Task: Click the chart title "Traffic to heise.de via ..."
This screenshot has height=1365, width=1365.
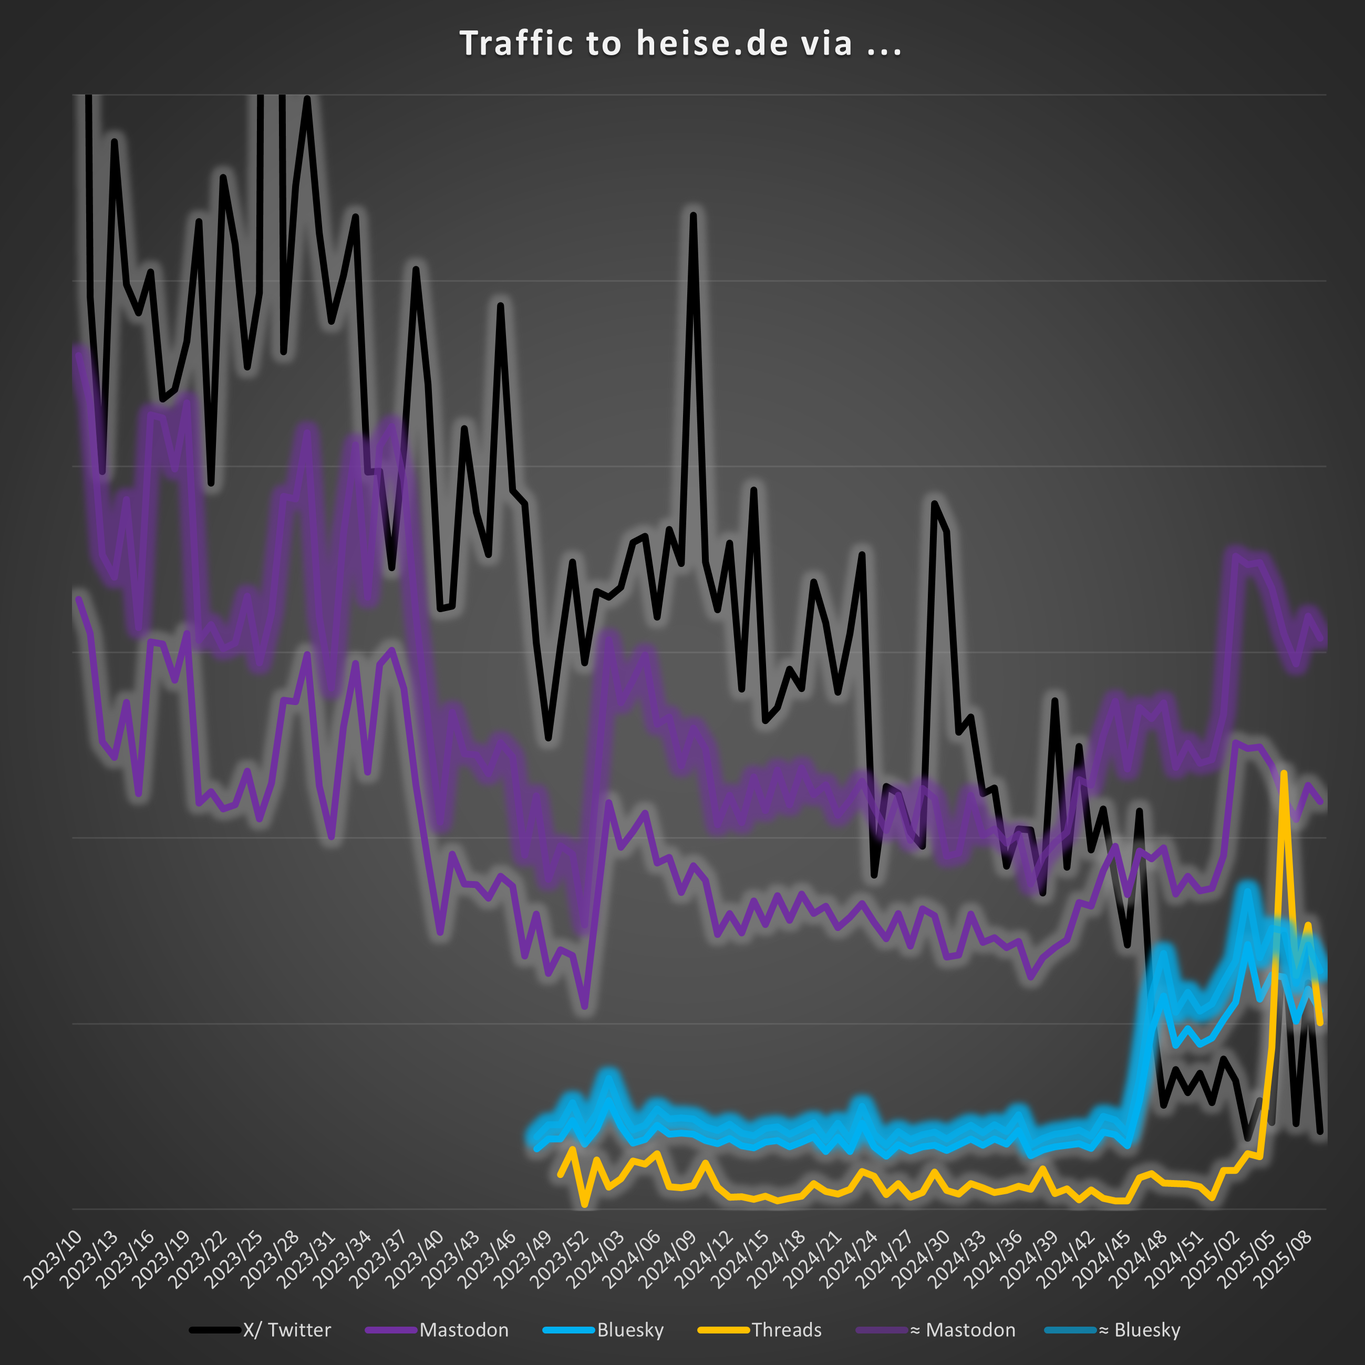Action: tap(681, 44)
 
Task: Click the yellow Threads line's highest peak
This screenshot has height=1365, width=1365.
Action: tap(1283, 774)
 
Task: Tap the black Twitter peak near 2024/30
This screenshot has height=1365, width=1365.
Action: tap(934, 504)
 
